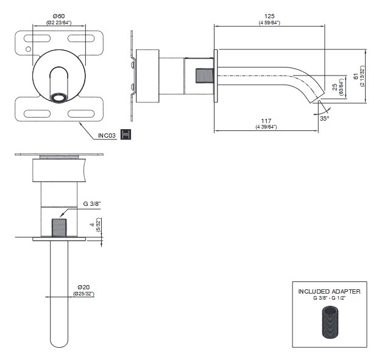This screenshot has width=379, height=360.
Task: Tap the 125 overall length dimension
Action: click(269, 16)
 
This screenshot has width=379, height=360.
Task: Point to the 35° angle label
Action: click(324, 118)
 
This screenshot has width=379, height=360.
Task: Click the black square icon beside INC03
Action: click(127, 134)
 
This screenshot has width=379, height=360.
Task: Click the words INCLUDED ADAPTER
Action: click(329, 291)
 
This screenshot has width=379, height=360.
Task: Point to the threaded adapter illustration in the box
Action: click(329, 323)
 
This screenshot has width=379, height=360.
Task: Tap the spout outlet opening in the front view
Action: click(58, 97)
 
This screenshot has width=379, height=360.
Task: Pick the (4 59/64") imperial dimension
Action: click(269, 23)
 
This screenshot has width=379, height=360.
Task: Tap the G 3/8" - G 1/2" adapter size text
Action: click(329, 298)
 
